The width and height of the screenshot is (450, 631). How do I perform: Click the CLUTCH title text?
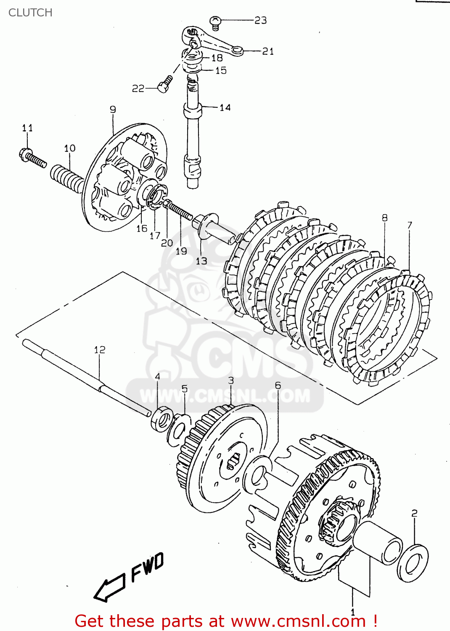pos(30,13)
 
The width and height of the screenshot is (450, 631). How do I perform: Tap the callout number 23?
pos(260,20)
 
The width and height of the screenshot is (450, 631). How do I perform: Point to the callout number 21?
pos(268,51)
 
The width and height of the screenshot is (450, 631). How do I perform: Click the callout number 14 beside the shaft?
pos(225,108)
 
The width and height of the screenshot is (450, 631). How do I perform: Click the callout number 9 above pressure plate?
pos(113,109)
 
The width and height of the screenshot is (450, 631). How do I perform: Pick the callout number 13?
pos(201,261)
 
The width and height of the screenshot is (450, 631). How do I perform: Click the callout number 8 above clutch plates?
pos(384,218)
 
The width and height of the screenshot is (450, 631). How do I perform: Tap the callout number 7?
pos(410,225)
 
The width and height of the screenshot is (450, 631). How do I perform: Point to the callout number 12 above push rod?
pos(100,350)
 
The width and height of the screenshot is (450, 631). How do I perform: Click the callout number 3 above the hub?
pos(231,381)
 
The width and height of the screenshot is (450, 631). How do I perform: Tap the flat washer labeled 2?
pos(413,564)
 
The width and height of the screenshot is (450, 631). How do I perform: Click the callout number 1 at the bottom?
pos(352,612)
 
